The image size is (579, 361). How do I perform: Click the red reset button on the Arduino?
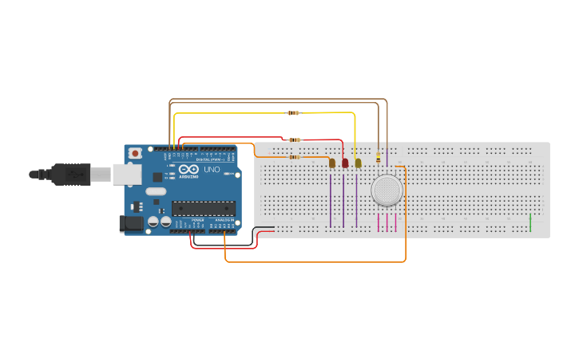[x=136, y=152]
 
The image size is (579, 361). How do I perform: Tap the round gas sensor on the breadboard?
[x=387, y=190]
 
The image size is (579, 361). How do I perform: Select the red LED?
[x=345, y=163]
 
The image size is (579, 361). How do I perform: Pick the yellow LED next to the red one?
[x=358, y=163]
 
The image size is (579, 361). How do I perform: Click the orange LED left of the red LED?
[x=332, y=163]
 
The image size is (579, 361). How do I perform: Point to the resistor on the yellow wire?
[x=293, y=112]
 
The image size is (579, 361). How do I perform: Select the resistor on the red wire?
[x=295, y=139]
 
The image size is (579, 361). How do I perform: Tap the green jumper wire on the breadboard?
[x=530, y=222]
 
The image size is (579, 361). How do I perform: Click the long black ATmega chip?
[x=204, y=209]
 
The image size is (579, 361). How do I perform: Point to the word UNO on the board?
[x=212, y=170]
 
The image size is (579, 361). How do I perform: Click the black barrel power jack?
[x=131, y=225]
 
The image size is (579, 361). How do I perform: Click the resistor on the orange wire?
[x=295, y=157]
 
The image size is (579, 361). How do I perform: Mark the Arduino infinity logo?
[x=188, y=170]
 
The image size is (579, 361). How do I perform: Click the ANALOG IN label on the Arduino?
[x=224, y=220]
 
